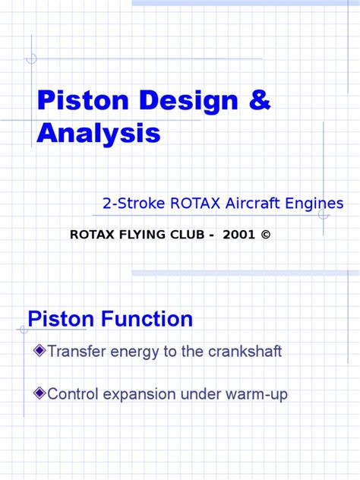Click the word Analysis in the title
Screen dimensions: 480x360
coord(99,133)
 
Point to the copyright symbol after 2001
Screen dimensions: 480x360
coord(264,234)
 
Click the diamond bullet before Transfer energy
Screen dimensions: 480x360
coord(39,350)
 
